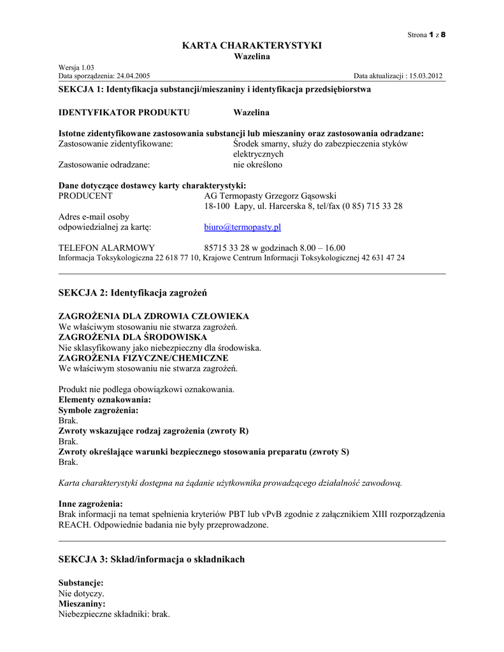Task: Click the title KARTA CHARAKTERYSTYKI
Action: [252, 45]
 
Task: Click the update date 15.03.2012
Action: [426, 76]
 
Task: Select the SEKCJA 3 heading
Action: [151, 559]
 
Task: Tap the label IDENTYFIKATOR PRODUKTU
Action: [124, 113]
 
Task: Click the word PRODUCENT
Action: [85, 195]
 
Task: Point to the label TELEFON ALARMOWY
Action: [106, 247]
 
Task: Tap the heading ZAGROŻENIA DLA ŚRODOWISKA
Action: [133, 337]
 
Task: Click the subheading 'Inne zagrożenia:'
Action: [90, 504]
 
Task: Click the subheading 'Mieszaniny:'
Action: [82, 603]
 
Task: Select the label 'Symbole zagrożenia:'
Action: [98, 410]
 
